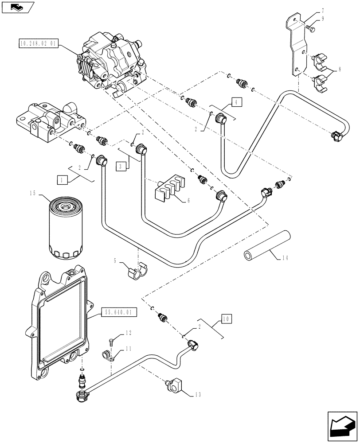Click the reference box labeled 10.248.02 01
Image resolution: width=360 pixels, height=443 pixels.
[38, 43]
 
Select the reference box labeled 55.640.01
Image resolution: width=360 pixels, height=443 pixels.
[119, 312]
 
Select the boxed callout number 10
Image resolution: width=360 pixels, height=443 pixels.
[226, 319]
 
